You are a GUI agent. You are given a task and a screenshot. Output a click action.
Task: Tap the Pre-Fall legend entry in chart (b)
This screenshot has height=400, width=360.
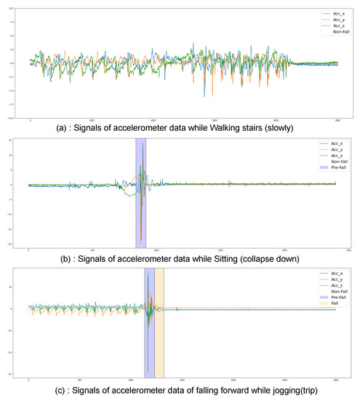[335, 167]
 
